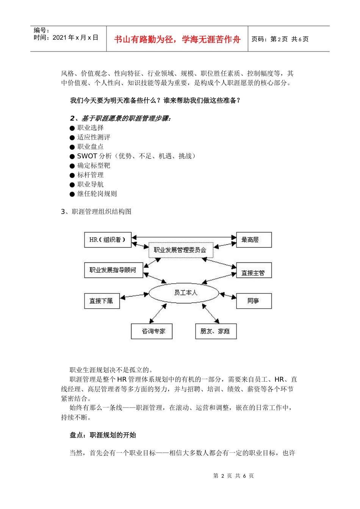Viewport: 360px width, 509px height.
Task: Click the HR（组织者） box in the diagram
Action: point(108,240)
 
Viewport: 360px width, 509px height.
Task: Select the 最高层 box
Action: point(254,240)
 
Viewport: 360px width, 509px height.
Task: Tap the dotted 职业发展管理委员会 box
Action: point(180,250)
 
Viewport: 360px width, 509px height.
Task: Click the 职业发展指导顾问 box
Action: point(113,270)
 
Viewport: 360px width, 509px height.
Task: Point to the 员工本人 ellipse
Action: point(184,293)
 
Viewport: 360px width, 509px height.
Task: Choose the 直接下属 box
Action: point(102,301)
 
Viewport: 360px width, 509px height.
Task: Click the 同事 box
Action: point(254,301)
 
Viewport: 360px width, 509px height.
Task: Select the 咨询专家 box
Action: point(152,331)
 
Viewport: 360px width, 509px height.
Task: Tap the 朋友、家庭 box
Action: point(215,331)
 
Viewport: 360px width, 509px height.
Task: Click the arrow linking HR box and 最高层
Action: point(184,237)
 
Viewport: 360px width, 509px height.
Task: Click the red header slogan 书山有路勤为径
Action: point(177,39)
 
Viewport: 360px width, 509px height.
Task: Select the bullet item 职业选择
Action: point(91,128)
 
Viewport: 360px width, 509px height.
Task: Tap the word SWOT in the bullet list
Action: point(87,156)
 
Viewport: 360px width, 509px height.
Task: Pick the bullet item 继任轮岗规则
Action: point(97,194)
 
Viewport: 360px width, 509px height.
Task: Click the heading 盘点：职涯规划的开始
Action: point(103,435)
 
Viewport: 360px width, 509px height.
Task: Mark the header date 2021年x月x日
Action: point(75,37)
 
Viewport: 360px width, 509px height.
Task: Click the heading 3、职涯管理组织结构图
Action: point(96,212)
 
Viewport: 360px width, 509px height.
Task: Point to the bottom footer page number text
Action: point(233,476)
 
